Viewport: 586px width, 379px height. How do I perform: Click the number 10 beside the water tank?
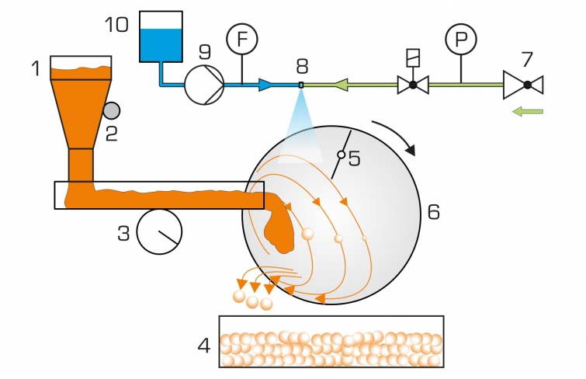[116, 25]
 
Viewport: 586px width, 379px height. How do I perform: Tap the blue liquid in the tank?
[161, 45]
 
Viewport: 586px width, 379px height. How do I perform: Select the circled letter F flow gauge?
[242, 39]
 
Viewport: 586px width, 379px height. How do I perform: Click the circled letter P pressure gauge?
[461, 39]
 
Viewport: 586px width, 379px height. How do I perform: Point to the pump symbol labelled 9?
[204, 85]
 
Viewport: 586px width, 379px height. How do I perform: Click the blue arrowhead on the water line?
[265, 85]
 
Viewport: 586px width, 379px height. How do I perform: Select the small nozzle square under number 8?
[301, 85]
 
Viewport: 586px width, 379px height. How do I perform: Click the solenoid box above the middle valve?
[413, 58]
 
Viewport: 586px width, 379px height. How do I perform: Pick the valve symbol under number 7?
[523, 85]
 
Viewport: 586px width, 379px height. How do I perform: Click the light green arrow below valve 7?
[527, 111]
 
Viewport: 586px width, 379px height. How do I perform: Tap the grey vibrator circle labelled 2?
[111, 111]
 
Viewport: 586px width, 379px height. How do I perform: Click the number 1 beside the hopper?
[36, 69]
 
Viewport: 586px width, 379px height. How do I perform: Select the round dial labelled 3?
[159, 232]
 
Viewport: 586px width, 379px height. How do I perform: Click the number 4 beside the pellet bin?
[204, 346]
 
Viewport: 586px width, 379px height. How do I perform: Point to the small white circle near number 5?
[342, 155]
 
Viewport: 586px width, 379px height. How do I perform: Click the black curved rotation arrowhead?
[410, 149]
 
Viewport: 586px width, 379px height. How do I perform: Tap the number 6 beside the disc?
[434, 212]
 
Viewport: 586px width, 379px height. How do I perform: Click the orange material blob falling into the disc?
[279, 228]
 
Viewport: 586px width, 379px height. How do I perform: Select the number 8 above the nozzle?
[302, 66]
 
